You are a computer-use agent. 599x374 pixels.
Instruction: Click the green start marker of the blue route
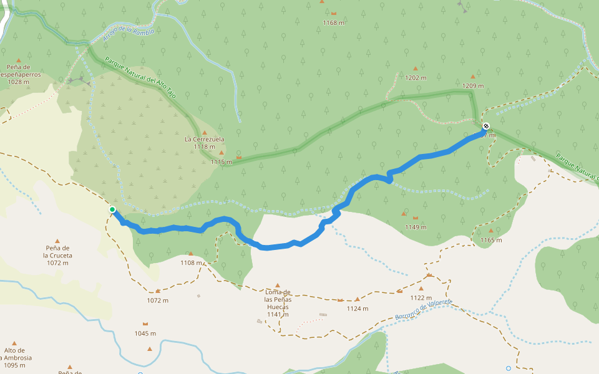point(112,209)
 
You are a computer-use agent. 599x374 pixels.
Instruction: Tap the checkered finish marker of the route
point(486,126)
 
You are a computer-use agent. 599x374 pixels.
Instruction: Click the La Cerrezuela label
point(204,139)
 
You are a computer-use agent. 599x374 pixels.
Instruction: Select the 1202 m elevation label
point(416,78)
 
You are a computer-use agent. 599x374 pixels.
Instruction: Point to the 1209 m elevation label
point(473,85)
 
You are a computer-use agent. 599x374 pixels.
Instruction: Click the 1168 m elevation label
point(334,23)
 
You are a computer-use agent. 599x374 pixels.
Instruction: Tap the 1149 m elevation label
point(416,227)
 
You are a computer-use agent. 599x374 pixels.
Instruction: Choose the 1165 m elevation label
point(491,240)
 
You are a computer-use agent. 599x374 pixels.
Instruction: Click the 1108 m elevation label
point(191,262)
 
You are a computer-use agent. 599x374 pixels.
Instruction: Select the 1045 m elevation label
point(145,333)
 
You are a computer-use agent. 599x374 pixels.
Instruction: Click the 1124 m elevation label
point(357,309)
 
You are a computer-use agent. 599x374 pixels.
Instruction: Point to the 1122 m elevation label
point(421,297)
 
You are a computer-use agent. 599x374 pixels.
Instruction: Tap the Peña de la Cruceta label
point(57,256)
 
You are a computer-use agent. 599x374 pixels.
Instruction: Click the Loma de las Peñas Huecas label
point(278,303)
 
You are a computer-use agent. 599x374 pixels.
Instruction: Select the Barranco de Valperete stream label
point(423,309)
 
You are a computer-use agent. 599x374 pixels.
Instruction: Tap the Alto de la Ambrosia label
point(16,358)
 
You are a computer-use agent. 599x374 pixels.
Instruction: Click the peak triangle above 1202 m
point(415,69)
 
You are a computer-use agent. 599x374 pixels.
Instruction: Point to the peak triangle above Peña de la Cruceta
point(57,241)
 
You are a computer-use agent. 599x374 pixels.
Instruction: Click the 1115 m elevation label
point(221,162)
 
